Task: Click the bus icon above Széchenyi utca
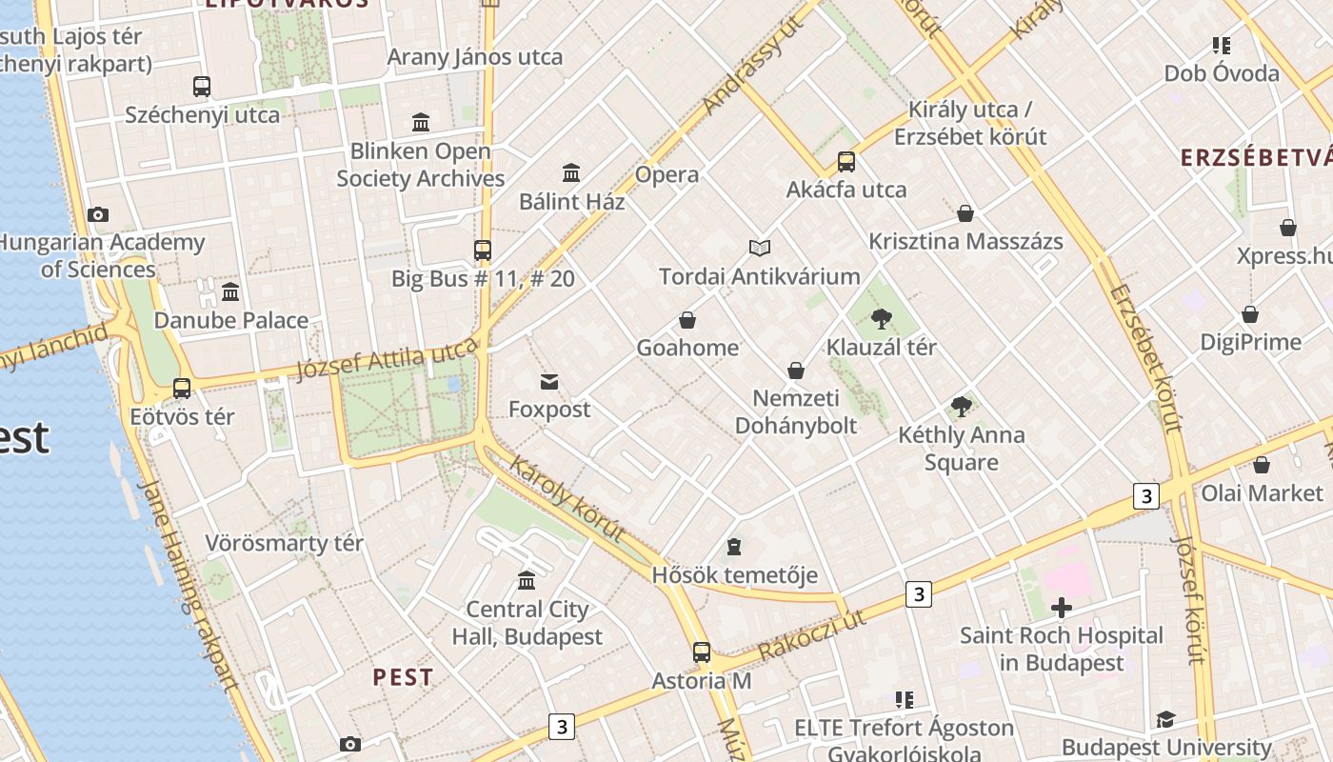pos(202,87)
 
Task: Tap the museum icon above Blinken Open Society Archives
pos(421,122)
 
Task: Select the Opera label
pos(666,175)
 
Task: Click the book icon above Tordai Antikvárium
pos(759,249)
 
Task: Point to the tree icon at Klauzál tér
pos(882,319)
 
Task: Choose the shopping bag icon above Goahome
pos(687,320)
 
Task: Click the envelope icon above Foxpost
pos(549,382)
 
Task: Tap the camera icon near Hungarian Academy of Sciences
pos(98,215)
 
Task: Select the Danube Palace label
pos(231,320)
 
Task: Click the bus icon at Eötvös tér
pos(182,389)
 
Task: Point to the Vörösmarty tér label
pos(285,544)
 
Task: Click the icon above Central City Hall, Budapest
pos(527,580)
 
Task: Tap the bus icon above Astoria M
pos(702,652)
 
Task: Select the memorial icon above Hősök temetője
pos(734,547)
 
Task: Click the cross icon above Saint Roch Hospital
pos(1062,608)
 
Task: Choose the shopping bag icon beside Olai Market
pos(1262,465)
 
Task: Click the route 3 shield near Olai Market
pos(1146,495)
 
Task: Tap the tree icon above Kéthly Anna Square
pos(962,407)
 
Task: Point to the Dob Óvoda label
pos(1222,73)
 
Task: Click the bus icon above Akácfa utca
pos(846,162)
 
